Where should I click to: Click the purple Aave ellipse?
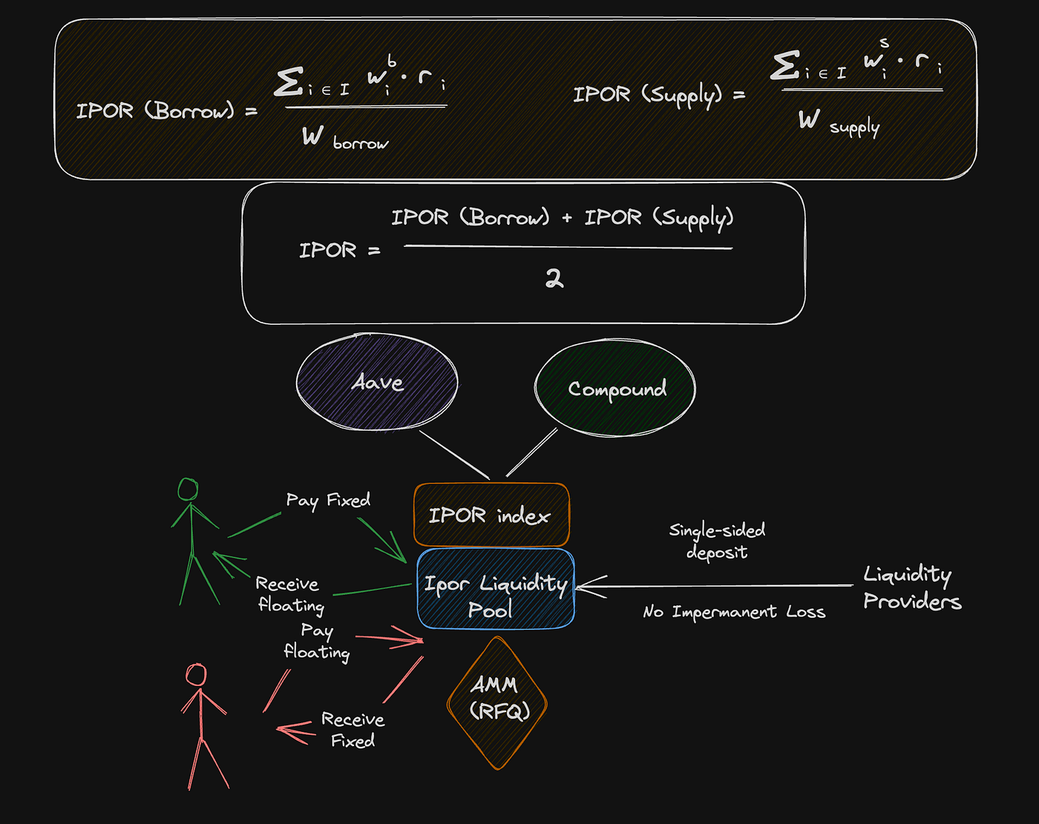click(377, 382)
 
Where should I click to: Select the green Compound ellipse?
click(615, 388)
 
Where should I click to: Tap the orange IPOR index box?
click(491, 515)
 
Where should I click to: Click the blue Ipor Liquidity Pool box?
click(495, 589)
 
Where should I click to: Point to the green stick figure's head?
click(189, 489)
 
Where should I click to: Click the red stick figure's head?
click(196, 675)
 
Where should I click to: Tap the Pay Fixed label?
click(328, 501)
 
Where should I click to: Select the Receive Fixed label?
click(353, 730)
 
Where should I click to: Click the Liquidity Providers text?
click(911, 587)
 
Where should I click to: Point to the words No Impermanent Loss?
click(733, 612)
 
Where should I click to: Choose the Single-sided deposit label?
click(717, 541)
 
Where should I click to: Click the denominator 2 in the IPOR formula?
click(554, 279)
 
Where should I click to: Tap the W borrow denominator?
click(344, 138)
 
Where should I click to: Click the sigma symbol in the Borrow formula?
click(288, 82)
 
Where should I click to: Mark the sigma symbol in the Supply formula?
click(784, 65)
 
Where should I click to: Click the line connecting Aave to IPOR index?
click(454, 455)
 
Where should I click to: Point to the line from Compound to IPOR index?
click(531, 452)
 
